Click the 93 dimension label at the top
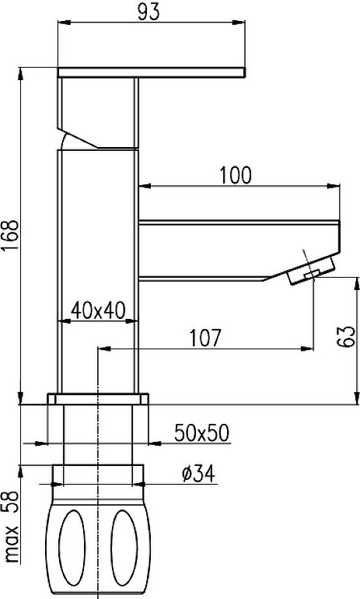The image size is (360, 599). click(149, 12)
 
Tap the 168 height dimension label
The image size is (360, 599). click(10, 235)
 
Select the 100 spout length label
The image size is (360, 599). click(236, 175)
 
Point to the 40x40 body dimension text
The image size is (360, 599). click(98, 310)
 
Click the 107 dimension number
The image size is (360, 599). click(205, 338)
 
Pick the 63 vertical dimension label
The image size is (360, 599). click(346, 336)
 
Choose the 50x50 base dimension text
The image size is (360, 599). click(202, 433)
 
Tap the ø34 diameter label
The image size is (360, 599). click(198, 474)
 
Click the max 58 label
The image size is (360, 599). click(11, 527)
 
